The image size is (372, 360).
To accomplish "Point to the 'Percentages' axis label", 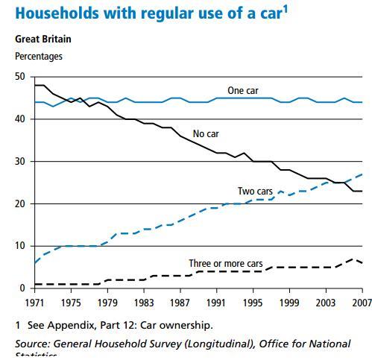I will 39,56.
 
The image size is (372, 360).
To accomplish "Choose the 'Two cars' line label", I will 255,192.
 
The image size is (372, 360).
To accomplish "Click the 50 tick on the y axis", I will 20,77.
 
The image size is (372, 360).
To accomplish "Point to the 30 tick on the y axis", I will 20,162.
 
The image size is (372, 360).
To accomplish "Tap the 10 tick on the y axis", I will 20,246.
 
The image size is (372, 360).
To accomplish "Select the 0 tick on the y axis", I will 22,288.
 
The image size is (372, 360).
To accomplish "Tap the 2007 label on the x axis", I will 361,303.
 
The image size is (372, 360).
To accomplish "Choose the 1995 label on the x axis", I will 253,303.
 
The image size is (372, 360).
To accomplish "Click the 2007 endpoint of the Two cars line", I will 362,174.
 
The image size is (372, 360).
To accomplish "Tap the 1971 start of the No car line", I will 35,86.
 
